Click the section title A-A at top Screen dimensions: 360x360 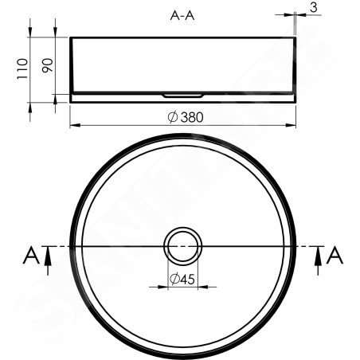(x=182, y=16)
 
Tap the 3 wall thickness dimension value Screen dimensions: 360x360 (x=314, y=7)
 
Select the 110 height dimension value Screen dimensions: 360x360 (x=22, y=68)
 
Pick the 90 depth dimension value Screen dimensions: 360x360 (x=48, y=65)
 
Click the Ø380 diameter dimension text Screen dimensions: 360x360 (x=186, y=117)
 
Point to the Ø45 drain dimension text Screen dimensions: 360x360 (x=182, y=279)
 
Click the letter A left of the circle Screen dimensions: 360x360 (x=31, y=255)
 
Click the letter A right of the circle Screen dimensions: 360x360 (x=335, y=255)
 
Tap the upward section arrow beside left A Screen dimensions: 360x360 (x=48, y=260)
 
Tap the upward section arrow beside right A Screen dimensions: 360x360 (x=318, y=260)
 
